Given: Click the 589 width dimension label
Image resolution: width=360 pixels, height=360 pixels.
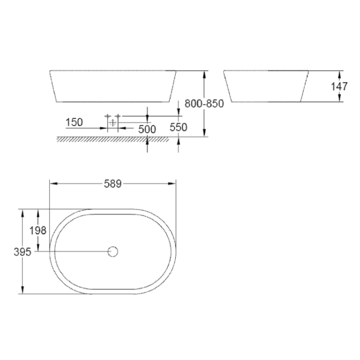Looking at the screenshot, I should pyautogui.click(x=112, y=184).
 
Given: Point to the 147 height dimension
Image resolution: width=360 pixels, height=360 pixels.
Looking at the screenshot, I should pyautogui.click(x=339, y=86).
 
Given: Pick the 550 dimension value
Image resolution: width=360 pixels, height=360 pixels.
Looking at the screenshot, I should pyautogui.click(x=179, y=127).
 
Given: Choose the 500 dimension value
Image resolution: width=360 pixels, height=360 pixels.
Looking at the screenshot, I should pyautogui.click(x=147, y=129).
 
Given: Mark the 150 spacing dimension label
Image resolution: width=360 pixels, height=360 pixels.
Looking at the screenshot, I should pyautogui.click(x=74, y=122).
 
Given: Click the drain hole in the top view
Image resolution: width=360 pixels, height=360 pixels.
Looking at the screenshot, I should pyautogui.click(x=112, y=251).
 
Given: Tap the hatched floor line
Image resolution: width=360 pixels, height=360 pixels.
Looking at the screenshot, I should pyautogui.click(x=102, y=140).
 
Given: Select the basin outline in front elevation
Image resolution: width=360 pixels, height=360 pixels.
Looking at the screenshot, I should pyautogui.click(x=112, y=86).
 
